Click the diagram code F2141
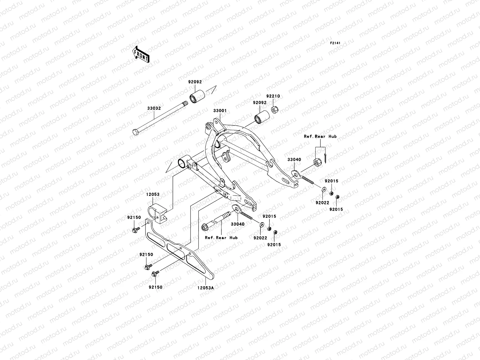(x=336, y=43)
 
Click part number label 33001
(x=220, y=111)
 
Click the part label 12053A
(x=205, y=288)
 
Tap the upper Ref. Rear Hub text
(x=320, y=136)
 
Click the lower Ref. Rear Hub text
(x=221, y=238)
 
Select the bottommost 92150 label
(x=155, y=287)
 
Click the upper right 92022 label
(x=322, y=203)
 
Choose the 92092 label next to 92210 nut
(x=259, y=102)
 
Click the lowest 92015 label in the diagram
(x=274, y=244)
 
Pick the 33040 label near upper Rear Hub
(x=294, y=160)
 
